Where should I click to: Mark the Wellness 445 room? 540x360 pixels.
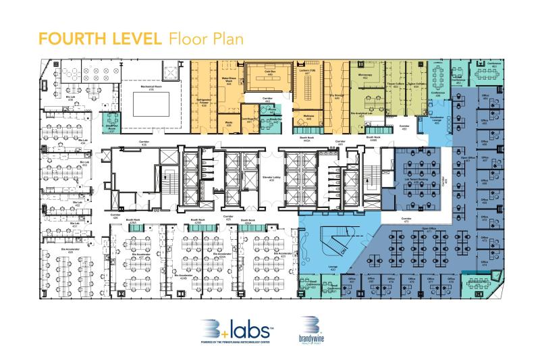pos(308,118)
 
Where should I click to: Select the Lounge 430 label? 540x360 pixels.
pos(314,268)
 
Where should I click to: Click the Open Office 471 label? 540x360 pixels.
pos(429,230)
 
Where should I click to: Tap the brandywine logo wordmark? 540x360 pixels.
pos(312,336)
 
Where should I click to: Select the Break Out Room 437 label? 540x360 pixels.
pos(111,127)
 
